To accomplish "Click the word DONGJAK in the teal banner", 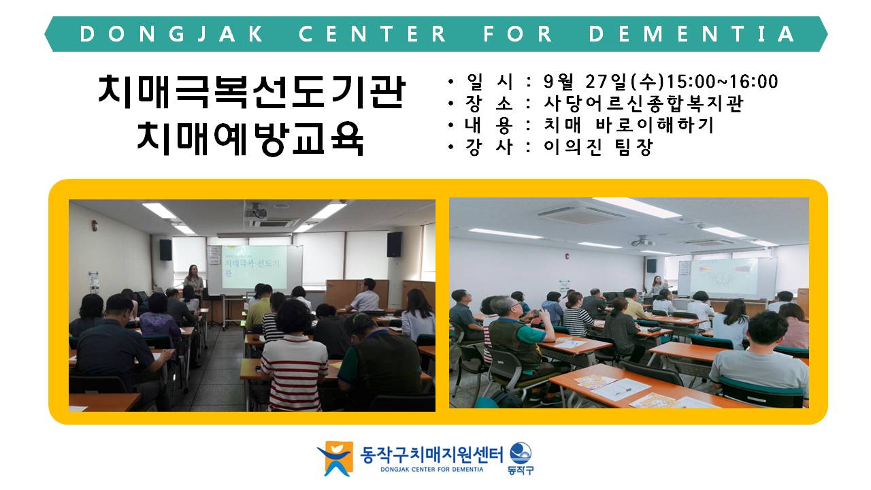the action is coord(171,34).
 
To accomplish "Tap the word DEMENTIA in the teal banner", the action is coord(692,34).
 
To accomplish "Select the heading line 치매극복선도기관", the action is coord(252,92).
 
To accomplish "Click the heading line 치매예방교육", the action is coord(251,138).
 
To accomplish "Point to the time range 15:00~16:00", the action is coord(722,82).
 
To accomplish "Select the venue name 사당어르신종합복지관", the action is coord(644,103).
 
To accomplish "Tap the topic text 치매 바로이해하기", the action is coord(628,125).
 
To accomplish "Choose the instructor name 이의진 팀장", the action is coord(598,147).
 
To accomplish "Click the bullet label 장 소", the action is coord(489,103).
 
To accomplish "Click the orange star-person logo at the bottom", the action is coord(336,458).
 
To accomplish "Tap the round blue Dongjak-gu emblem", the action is coord(521,453).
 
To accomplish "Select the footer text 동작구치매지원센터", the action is coord(431,454).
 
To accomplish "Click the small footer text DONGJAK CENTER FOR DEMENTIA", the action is coord(431,470).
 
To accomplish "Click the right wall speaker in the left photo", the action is coord(394,244).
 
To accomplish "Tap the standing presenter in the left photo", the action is coord(194,281).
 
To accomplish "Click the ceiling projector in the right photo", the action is coord(642,242).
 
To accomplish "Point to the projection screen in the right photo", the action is coord(724,276).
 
